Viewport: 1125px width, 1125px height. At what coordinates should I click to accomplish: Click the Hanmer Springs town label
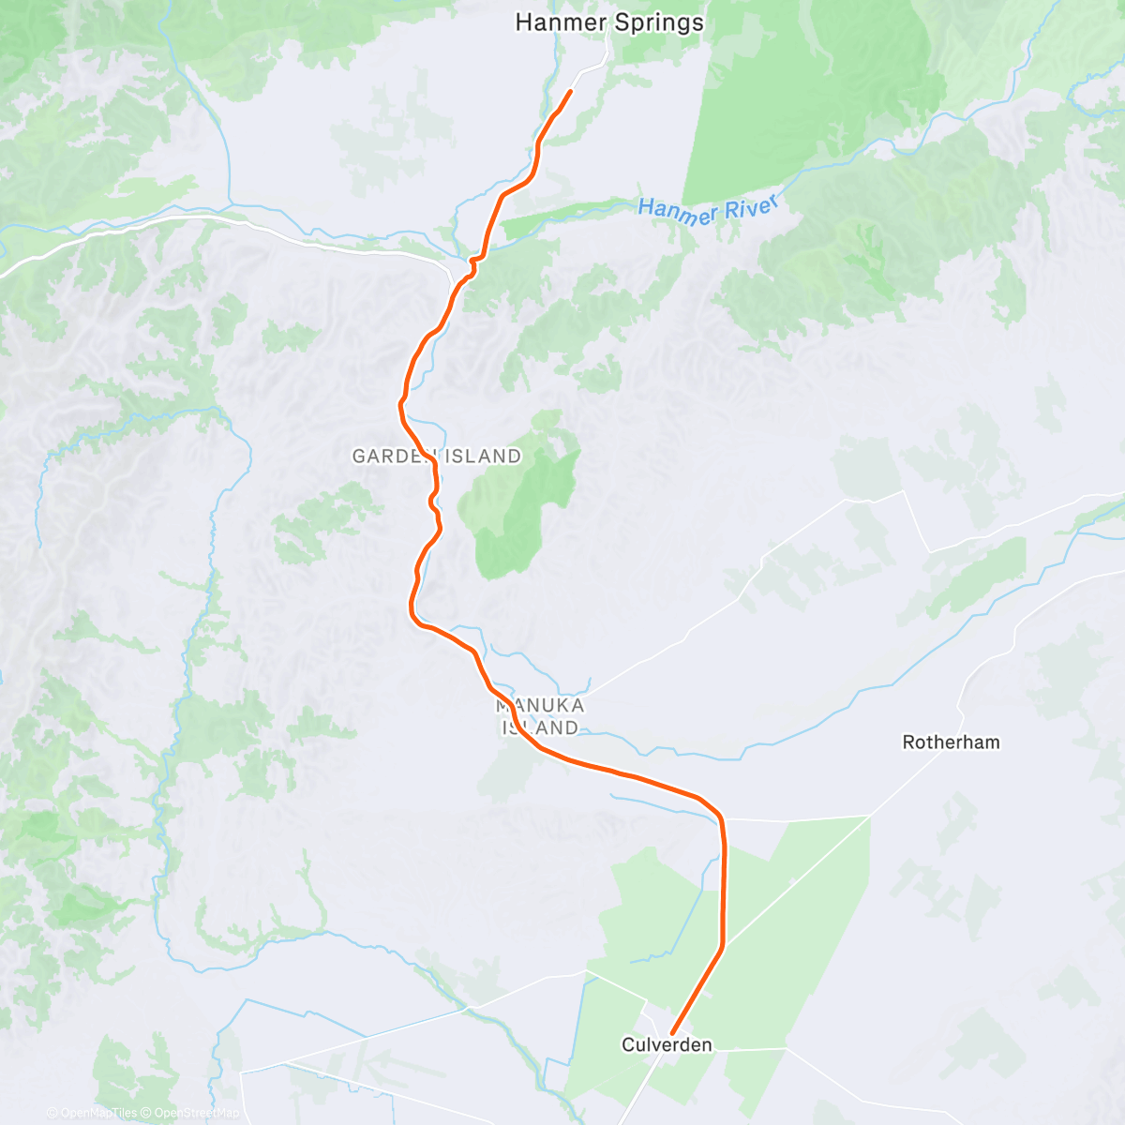(x=609, y=22)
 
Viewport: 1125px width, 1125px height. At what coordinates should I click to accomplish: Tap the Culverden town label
(x=667, y=1044)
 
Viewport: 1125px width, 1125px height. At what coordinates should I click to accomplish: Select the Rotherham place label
(x=951, y=742)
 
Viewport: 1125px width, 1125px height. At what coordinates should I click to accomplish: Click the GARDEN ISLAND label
(x=437, y=457)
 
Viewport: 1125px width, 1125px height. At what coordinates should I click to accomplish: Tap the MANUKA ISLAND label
(x=540, y=716)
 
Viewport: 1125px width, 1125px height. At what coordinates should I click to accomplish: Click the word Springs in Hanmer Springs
(x=655, y=22)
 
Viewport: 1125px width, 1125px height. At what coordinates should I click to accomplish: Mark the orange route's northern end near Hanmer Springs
(x=570, y=91)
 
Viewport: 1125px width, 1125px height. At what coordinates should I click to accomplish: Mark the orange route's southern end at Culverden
(x=673, y=1034)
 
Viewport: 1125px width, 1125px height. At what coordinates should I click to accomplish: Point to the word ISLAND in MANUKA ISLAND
(x=540, y=727)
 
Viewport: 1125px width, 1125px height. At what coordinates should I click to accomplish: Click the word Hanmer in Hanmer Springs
(x=559, y=22)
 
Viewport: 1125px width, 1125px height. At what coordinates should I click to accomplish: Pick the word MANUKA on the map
(x=540, y=705)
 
